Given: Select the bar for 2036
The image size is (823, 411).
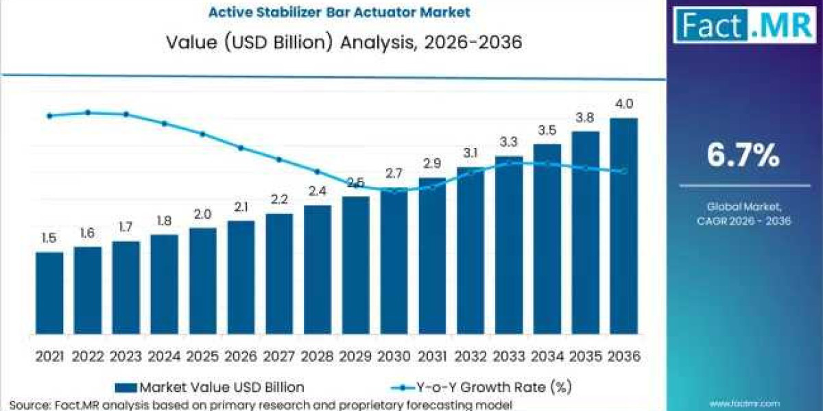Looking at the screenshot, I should [623, 226].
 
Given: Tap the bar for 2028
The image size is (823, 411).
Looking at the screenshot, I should [318, 270].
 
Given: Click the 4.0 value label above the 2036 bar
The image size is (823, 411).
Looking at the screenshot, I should [624, 105].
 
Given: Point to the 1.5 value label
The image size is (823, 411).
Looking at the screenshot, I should [49, 238].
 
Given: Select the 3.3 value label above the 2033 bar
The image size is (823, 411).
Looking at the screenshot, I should [509, 142].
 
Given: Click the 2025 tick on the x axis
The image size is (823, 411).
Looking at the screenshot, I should [202, 356].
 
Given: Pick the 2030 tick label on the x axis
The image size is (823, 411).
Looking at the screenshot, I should [394, 356].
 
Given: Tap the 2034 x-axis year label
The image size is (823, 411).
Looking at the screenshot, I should [547, 356].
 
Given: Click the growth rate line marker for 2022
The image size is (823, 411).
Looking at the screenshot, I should [88, 112].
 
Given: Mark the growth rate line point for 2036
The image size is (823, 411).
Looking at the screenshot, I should [623, 171].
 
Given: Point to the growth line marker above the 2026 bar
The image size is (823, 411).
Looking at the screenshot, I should [241, 147].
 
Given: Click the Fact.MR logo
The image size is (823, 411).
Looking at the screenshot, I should [743, 27].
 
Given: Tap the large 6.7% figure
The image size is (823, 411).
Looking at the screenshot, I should [743, 156].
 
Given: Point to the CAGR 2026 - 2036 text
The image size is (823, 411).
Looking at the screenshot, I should [743, 221].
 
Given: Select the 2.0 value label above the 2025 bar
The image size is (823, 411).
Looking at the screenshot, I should [203, 214].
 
